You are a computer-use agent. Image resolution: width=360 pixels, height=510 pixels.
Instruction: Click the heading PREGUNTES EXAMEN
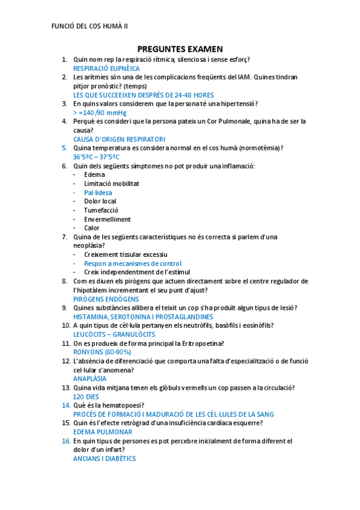click(180, 49)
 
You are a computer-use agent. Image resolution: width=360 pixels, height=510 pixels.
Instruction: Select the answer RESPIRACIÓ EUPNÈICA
click(106, 69)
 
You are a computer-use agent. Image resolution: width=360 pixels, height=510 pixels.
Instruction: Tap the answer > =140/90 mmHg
click(100, 112)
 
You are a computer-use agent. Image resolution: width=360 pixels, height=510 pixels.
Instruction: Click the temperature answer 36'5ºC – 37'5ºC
click(96, 157)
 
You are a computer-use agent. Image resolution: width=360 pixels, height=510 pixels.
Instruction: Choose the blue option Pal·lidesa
click(98, 192)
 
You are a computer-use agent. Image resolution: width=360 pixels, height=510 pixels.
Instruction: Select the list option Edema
click(94, 174)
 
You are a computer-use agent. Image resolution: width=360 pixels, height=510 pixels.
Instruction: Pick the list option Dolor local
click(100, 201)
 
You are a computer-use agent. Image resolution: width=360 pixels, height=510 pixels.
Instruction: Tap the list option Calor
click(92, 228)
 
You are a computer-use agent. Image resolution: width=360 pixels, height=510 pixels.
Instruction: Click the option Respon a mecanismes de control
click(133, 263)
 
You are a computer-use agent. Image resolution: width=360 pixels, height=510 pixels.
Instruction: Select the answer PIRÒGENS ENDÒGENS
click(106, 299)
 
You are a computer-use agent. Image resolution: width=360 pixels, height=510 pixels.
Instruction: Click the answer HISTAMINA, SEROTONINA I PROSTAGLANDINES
click(143, 316)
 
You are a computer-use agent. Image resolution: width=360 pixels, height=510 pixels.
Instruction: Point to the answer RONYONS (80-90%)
click(102, 352)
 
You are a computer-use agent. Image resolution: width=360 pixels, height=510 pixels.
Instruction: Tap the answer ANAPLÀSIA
click(90, 379)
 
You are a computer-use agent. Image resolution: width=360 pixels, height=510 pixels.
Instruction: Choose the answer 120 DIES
click(86, 397)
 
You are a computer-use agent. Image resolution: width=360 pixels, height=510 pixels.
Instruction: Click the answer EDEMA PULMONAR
click(103, 432)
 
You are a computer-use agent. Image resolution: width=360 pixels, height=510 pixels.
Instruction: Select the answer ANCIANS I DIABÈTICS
click(105, 458)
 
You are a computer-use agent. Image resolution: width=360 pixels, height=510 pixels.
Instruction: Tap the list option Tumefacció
click(101, 210)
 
